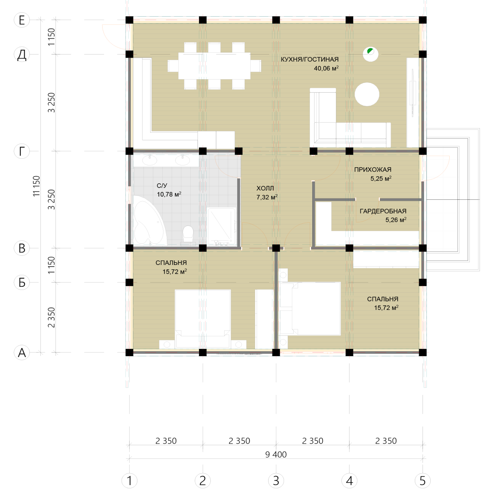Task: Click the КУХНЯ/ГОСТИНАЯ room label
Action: tap(310, 60)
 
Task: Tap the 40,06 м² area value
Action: tap(326, 68)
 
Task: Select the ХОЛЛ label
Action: tap(265, 188)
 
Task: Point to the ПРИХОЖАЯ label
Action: tap(373, 169)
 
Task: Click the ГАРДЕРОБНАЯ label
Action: tap(383, 211)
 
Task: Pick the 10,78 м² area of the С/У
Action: tap(169, 194)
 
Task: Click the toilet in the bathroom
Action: tap(188, 234)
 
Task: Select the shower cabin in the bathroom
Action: tap(222, 226)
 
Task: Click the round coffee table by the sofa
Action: tap(367, 94)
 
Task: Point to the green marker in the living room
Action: tap(370, 51)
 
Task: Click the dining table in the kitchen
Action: tap(214, 66)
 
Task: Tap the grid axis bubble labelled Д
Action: tap(22, 54)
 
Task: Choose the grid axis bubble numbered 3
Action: tap(276, 481)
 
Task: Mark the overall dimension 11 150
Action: tap(37, 186)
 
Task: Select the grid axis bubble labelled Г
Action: tap(22, 151)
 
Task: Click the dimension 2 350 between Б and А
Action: tap(51, 317)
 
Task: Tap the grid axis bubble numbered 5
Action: tap(423, 481)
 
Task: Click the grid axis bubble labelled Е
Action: tap(22, 20)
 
